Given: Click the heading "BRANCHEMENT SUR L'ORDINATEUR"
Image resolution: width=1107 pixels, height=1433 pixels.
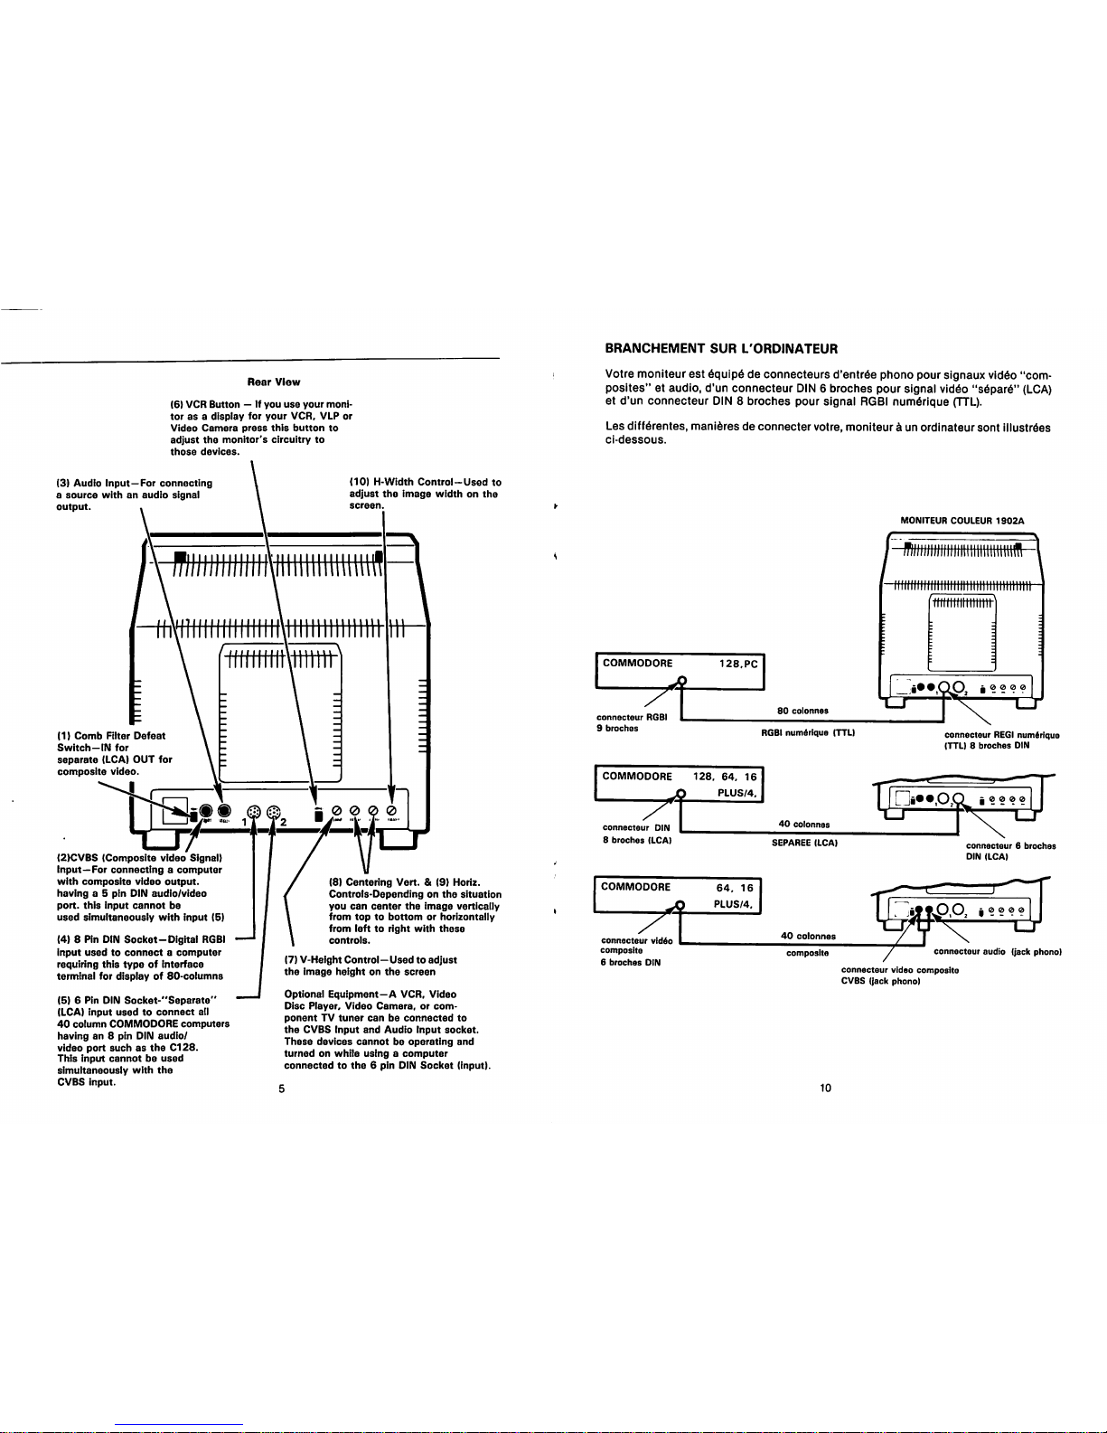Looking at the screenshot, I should coord(721,348).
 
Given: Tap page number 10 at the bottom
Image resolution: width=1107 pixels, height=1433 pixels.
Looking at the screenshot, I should coord(825,1088).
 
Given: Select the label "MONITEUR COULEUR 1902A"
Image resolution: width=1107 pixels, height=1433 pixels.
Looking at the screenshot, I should coord(962,521).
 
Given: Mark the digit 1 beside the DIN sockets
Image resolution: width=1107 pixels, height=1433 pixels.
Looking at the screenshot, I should coord(242,821).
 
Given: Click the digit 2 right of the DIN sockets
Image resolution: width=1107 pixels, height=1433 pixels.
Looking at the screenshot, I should coord(283,822).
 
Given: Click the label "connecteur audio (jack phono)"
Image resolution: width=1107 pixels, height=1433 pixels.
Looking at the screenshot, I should coord(996,951).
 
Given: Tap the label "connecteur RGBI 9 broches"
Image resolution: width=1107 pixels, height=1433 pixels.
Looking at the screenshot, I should coord(632,722).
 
